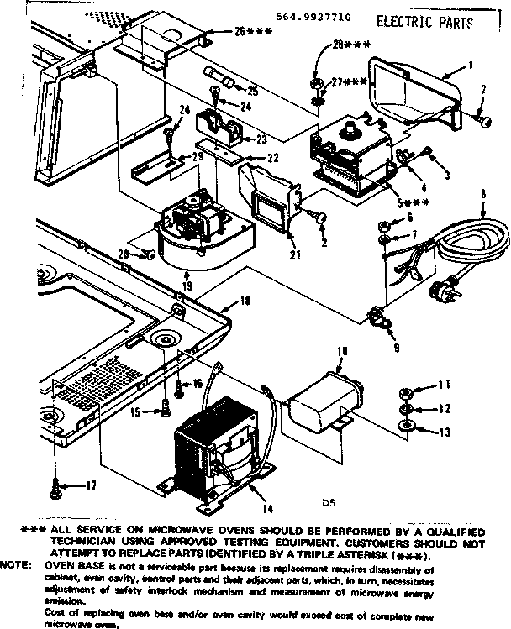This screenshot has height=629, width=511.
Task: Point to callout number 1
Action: coord(471,65)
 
